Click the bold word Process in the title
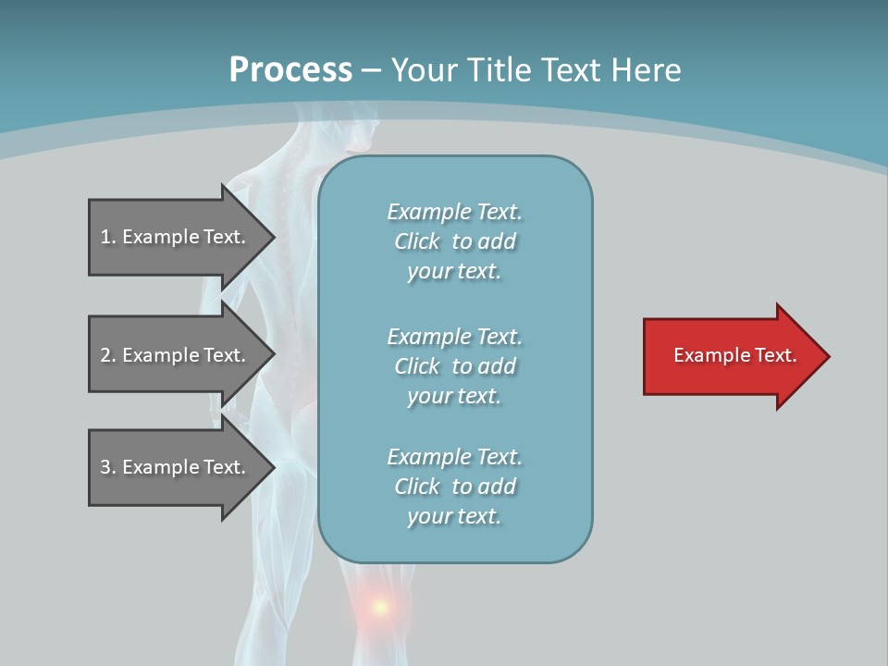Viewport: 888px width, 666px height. pyautogui.click(x=290, y=70)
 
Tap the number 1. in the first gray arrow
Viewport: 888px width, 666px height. pyautogui.click(x=108, y=237)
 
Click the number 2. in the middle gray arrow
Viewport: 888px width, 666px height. pyautogui.click(x=108, y=355)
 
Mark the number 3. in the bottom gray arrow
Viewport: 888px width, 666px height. pyautogui.click(x=108, y=467)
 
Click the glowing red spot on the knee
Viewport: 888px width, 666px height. pyautogui.click(x=379, y=608)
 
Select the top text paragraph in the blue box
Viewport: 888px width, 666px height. pyautogui.click(x=454, y=241)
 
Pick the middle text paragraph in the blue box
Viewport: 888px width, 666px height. pyautogui.click(x=454, y=366)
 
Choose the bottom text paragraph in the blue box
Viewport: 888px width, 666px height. pyautogui.click(x=454, y=487)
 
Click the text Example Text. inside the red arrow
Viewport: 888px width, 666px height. pyautogui.click(x=734, y=355)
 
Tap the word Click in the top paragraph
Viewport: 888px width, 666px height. pyautogui.click(x=417, y=241)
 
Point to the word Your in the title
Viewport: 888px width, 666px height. pyautogui.click(x=422, y=70)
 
